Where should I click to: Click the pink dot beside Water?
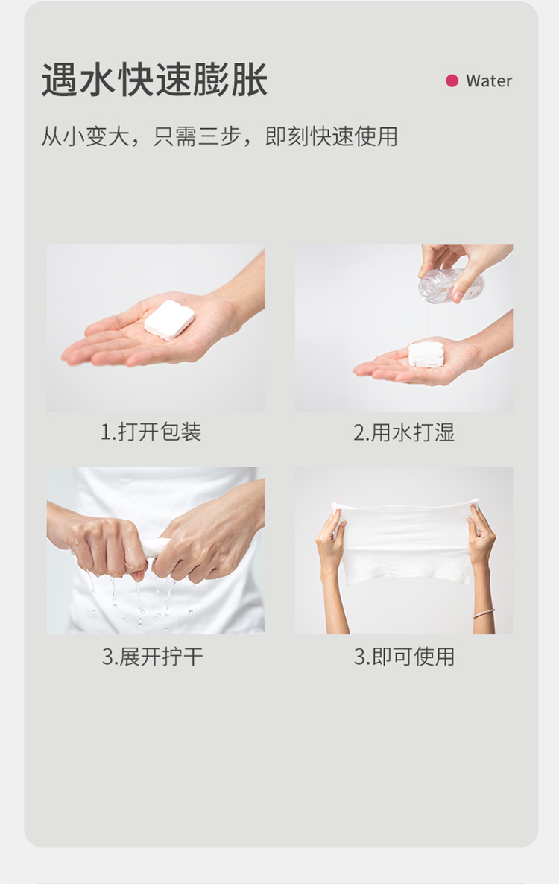tap(452, 80)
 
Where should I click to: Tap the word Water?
tap(488, 81)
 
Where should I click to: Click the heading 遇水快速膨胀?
tap(154, 80)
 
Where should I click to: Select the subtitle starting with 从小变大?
tap(219, 136)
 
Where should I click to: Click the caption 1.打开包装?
tap(151, 432)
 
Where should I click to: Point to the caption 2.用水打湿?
tap(403, 432)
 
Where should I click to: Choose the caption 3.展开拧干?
tap(152, 657)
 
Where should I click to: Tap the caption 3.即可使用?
tap(404, 657)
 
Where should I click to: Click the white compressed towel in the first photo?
tap(169, 320)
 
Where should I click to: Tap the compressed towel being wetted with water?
tap(426, 354)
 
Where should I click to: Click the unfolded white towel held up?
tap(405, 540)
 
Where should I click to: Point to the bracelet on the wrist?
tap(484, 613)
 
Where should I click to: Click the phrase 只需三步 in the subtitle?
tap(198, 136)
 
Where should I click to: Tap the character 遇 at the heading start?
tap(60, 80)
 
